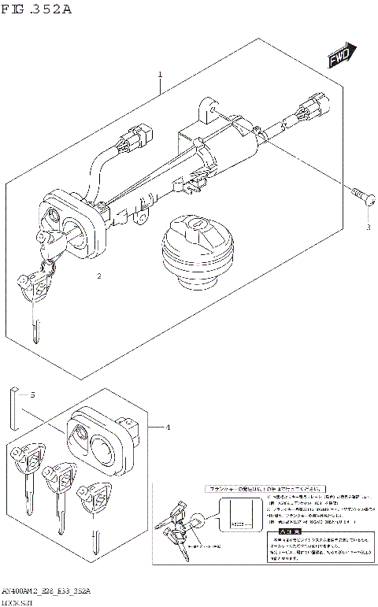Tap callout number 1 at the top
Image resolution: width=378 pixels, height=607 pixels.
click(x=160, y=76)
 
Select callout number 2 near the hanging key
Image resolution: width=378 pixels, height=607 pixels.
click(x=99, y=276)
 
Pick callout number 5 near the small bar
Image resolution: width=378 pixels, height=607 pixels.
click(x=32, y=394)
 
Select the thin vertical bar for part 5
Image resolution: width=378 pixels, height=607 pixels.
click(x=14, y=405)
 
